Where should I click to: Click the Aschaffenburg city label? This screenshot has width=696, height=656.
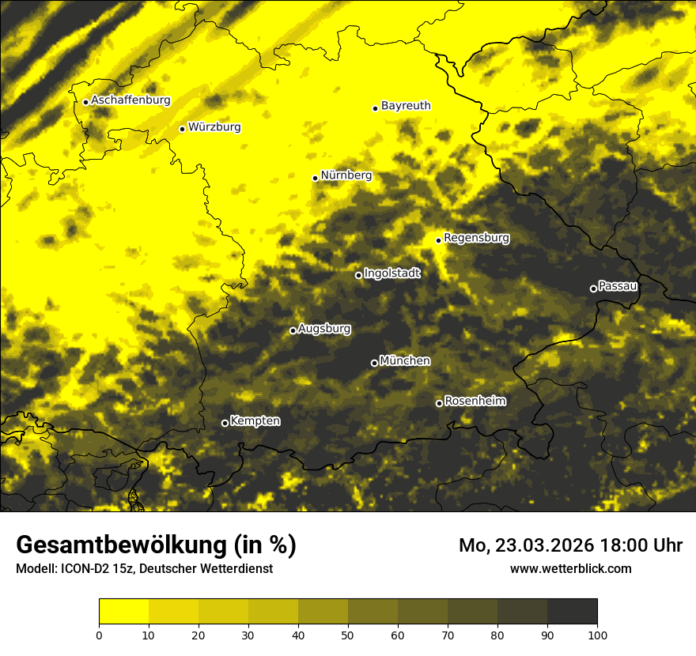[x=130, y=100]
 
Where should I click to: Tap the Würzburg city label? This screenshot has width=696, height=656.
[x=214, y=127]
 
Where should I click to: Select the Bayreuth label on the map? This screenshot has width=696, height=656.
[x=406, y=106]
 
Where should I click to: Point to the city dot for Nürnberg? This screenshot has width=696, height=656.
[x=315, y=178]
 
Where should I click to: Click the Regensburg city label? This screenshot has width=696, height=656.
[x=476, y=238]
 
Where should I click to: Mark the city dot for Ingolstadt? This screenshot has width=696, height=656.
[x=358, y=275]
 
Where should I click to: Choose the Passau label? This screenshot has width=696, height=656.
[x=618, y=286]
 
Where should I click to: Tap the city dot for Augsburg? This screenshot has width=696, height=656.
[x=293, y=330]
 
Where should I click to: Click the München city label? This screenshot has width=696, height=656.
[x=405, y=361]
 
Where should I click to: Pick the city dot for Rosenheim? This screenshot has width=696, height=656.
[x=439, y=403]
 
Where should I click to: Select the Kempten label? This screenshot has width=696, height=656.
[x=255, y=421]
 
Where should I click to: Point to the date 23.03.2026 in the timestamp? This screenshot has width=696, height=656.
[x=546, y=545]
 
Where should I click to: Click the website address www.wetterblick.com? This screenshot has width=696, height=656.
[x=570, y=568]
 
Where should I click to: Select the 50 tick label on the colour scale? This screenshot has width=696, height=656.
[x=348, y=634]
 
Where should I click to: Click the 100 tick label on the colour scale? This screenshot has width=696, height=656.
[x=597, y=634]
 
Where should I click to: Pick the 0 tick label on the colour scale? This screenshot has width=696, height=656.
[x=99, y=634]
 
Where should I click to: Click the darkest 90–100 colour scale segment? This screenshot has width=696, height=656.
[x=572, y=611]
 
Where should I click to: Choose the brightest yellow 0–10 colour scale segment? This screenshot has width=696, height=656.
[x=123, y=611]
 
